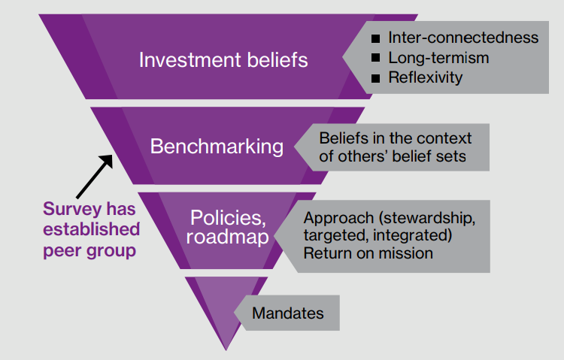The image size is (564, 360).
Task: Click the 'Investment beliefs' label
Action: (223, 60)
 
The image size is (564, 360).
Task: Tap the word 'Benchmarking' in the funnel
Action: (217, 146)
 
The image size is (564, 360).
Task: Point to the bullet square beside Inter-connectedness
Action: (375, 38)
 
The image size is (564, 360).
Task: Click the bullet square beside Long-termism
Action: (375, 58)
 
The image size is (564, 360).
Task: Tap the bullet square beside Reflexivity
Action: (375, 77)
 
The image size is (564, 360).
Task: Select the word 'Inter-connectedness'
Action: (463, 38)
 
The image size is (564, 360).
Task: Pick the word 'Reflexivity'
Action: (426, 77)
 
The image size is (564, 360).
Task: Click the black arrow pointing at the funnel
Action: (93, 174)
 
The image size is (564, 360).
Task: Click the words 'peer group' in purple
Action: (89, 250)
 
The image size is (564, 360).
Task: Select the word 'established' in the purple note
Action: (92, 229)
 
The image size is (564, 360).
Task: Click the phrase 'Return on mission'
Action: (368, 253)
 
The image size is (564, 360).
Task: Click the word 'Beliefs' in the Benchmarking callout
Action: (344, 139)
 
